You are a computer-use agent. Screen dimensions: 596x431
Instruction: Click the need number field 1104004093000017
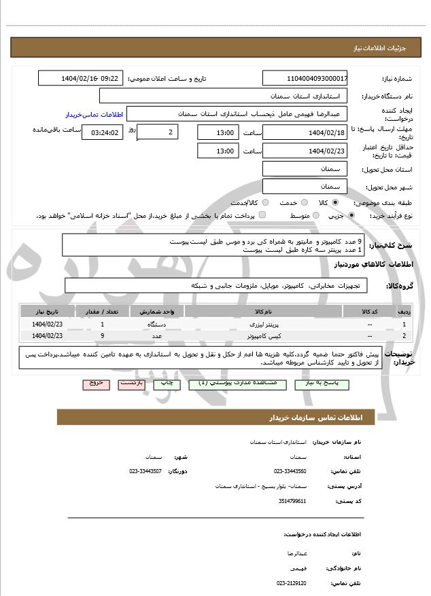305,78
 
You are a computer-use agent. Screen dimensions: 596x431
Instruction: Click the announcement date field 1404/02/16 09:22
81,78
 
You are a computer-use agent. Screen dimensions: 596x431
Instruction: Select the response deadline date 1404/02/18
305,132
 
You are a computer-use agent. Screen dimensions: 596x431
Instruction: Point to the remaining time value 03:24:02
103,132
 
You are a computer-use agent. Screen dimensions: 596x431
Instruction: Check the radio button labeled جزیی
351,215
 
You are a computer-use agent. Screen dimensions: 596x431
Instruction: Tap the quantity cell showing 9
102,335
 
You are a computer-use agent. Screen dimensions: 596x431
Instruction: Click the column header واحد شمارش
156,311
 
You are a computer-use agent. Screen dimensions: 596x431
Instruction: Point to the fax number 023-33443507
145,470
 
